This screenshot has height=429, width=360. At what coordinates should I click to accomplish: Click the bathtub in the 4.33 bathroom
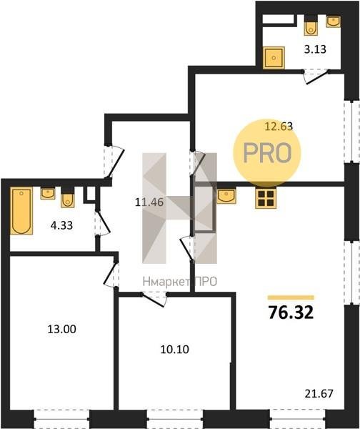(x=21, y=211)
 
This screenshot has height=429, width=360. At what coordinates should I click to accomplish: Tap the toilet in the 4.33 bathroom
(x=68, y=197)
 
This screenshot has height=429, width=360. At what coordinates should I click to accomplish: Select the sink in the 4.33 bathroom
(x=48, y=194)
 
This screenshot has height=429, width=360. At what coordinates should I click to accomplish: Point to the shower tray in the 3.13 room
(x=274, y=58)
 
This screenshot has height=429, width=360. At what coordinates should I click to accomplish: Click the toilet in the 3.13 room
(x=311, y=26)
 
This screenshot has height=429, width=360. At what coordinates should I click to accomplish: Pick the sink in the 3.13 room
(x=333, y=21)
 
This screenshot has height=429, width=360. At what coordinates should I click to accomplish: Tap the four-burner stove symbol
(x=266, y=198)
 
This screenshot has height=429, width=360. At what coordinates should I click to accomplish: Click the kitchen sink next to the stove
(x=226, y=196)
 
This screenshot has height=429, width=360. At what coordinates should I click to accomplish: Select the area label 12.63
(x=279, y=127)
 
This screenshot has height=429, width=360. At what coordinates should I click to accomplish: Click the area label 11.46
(x=149, y=202)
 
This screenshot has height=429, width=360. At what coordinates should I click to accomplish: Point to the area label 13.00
(x=61, y=329)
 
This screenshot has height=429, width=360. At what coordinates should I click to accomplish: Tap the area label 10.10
(x=174, y=350)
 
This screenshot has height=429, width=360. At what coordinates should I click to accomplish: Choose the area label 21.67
(x=319, y=394)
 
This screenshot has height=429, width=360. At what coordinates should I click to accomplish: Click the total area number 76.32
(x=291, y=312)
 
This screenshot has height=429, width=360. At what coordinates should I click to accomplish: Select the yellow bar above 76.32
(x=291, y=297)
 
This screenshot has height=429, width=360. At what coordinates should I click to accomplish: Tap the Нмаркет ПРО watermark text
(x=180, y=282)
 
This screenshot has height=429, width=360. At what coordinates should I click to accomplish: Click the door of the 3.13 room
(x=316, y=77)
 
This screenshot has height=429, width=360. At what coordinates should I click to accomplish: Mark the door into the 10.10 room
(x=154, y=300)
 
